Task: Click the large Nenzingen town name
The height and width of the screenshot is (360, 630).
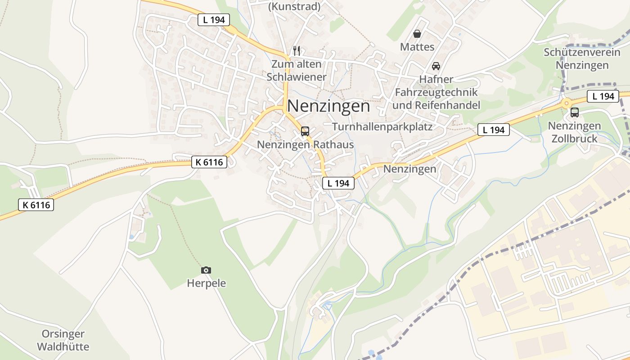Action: [328, 106]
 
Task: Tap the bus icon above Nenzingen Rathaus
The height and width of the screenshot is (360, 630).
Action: [305, 131]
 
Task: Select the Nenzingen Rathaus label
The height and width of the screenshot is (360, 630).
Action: [305, 145]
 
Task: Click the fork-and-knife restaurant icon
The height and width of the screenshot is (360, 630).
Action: [296, 50]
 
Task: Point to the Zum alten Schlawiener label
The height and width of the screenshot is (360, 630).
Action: [296, 70]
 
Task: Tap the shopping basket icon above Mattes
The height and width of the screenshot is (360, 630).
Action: [417, 34]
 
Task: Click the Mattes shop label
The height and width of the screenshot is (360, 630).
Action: [417, 47]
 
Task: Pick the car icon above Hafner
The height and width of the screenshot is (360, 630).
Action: [436, 66]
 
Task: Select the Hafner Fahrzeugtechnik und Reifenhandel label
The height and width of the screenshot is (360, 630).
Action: [436, 92]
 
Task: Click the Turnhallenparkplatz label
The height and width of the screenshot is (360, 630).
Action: [382, 127]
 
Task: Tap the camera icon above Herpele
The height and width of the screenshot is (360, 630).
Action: [206, 270]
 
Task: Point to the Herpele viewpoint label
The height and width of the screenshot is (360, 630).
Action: [206, 283]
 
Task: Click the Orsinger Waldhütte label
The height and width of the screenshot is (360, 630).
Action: [63, 340]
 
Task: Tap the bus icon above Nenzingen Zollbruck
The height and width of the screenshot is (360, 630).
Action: [575, 112]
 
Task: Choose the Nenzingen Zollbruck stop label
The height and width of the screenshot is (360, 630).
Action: [575, 132]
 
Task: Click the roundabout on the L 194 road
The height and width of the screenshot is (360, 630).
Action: [566, 103]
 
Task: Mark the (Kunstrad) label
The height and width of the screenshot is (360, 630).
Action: [294, 6]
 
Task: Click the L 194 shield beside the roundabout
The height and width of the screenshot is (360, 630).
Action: [603, 96]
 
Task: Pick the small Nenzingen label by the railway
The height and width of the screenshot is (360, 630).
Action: [409, 169]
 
